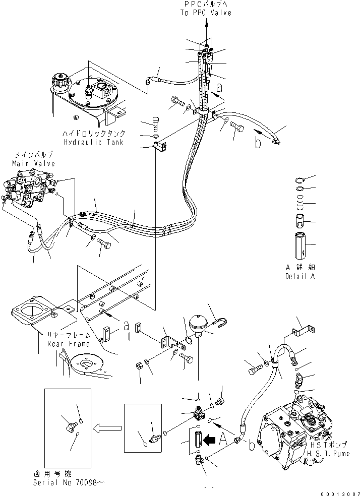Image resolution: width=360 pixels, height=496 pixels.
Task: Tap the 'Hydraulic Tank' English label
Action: [94, 143]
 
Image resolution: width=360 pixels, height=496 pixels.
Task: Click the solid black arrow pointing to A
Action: [208, 440]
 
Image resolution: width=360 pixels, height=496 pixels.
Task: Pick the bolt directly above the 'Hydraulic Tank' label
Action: [156, 123]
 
